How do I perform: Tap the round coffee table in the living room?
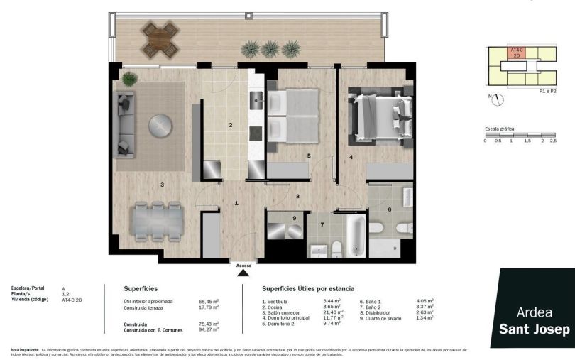tap(161, 129)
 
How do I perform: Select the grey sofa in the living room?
tap(126, 124)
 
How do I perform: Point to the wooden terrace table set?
tap(160, 38)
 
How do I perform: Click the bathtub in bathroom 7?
tap(356, 236)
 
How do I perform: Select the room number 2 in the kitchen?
tap(230, 126)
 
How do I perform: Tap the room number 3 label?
tap(162, 185)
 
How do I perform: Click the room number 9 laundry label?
tap(295, 217)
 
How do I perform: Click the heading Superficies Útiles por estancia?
tap(308, 289)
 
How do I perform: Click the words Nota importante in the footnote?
tap(25, 349)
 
